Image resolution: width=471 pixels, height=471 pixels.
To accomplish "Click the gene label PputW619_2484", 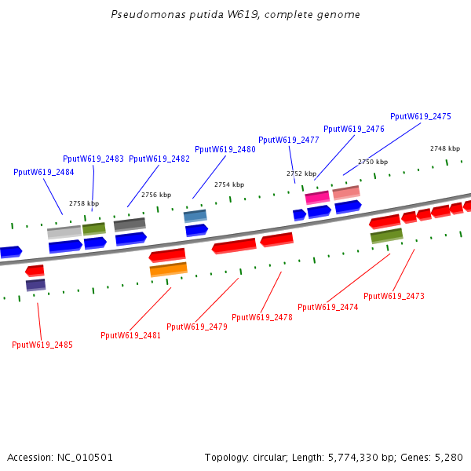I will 44,172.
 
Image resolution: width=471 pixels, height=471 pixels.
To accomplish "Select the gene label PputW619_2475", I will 421,116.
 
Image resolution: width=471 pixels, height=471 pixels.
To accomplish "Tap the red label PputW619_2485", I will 42,345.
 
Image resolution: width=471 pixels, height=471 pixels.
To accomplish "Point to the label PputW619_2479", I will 197,327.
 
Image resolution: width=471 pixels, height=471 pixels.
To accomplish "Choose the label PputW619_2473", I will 394,296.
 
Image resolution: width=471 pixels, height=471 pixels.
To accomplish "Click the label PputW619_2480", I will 225,149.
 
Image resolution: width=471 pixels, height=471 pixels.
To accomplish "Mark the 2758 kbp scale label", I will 84,203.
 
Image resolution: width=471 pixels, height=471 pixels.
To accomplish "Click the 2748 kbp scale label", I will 445,148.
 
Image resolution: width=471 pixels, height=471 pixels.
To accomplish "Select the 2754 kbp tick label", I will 229,184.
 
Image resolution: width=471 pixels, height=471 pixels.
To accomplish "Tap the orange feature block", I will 169,269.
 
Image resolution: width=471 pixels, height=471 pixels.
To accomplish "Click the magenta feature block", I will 317,197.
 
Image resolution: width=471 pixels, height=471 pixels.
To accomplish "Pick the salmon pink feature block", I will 346,192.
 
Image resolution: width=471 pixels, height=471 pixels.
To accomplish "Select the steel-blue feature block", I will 195,215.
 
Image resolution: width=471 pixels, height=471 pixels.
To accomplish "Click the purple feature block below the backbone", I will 35,284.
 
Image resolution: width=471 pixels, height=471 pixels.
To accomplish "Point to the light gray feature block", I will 64,232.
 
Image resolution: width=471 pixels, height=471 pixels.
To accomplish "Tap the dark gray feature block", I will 130,225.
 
